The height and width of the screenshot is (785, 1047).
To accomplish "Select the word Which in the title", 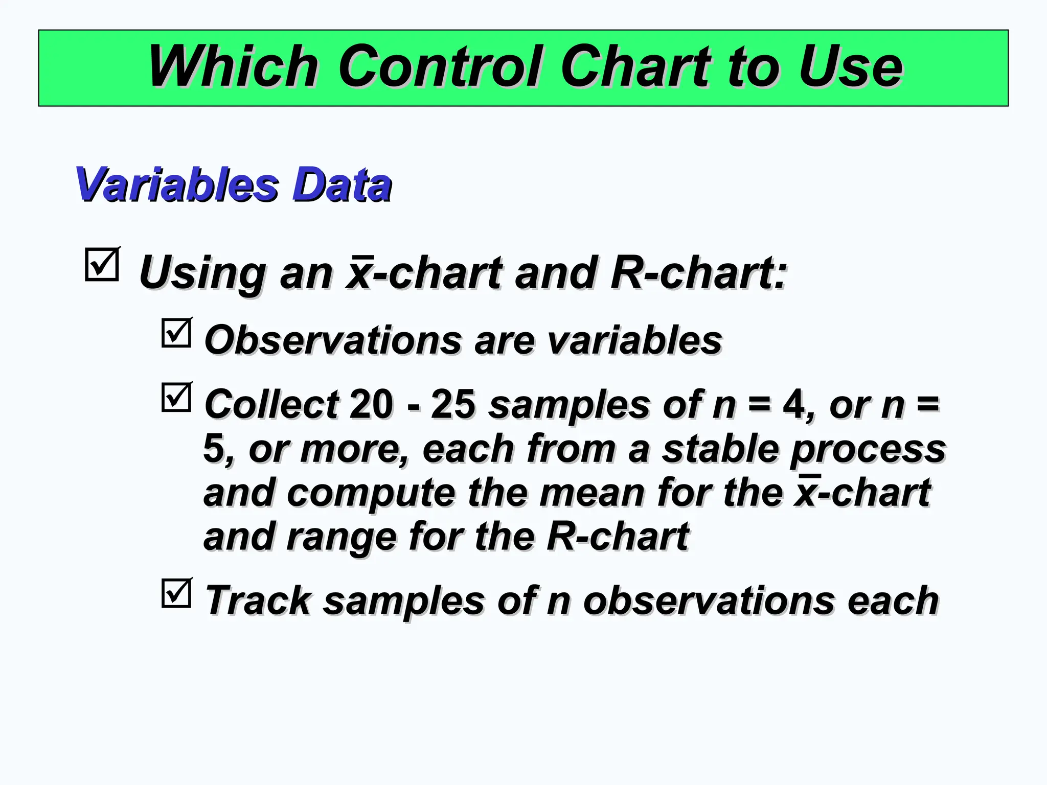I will [233, 67].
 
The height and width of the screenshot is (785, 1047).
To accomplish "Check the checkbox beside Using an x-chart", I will [102, 264].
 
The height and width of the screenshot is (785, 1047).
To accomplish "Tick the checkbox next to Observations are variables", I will [176, 333].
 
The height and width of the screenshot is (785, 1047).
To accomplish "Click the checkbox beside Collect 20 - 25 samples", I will [176, 398].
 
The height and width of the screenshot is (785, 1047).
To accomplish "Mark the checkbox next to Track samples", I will [176, 593].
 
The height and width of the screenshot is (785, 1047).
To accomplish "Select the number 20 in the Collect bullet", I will [372, 404].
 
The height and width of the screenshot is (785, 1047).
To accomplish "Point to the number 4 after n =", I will [794, 404].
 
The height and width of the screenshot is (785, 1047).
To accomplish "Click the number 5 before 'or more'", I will [214, 448].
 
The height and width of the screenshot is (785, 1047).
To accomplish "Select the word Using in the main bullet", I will [202, 273].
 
